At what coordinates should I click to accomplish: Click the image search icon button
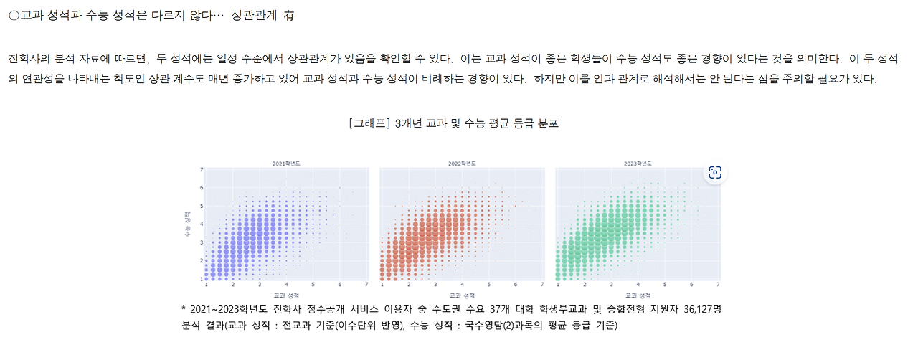click(x=714, y=172)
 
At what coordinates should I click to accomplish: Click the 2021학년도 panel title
click(x=286, y=164)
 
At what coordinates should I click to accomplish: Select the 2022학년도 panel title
click(x=462, y=164)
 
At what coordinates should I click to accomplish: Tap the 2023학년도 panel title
click(x=638, y=164)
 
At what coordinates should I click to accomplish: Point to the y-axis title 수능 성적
click(x=189, y=223)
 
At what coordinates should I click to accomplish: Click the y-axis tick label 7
click(x=202, y=170)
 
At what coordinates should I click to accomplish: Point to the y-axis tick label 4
click(x=202, y=224)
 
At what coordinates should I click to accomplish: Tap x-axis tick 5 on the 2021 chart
click(x=313, y=285)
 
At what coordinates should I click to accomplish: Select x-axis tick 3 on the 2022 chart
click(x=436, y=285)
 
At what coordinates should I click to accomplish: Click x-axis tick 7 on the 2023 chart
click(x=719, y=285)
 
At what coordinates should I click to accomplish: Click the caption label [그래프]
click(x=369, y=123)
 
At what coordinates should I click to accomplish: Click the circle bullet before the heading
click(x=14, y=16)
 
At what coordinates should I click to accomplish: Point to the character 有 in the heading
click(x=289, y=16)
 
